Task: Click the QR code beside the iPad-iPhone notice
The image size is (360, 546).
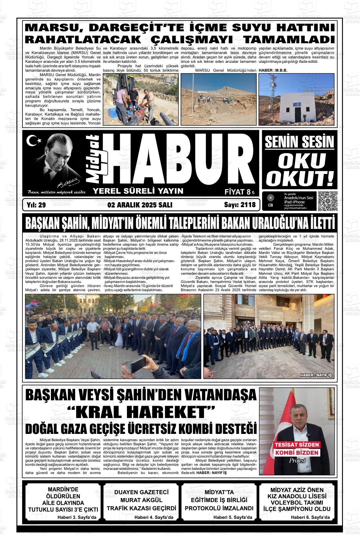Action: [x=327, y=201]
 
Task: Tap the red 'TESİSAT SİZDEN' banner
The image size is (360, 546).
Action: [x=297, y=445]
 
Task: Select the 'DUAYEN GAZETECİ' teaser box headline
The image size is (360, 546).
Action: [x=141, y=492]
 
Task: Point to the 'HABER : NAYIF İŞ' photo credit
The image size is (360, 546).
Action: [x=316, y=375]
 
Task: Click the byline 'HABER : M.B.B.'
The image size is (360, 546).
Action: [x=273, y=70]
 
